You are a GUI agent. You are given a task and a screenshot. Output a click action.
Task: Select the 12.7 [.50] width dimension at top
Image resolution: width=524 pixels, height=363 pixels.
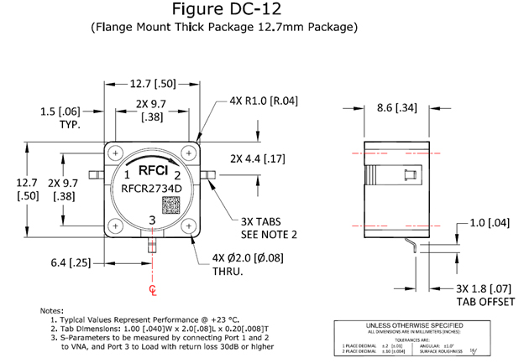coord(152,83)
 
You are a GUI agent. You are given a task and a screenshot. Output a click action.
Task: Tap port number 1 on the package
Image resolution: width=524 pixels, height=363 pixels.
coord(126,175)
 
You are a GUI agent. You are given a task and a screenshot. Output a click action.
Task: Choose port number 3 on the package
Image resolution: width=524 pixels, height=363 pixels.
coord(152,220)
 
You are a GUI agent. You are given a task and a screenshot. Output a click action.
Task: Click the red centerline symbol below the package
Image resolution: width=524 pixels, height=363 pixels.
coord(152,289)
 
